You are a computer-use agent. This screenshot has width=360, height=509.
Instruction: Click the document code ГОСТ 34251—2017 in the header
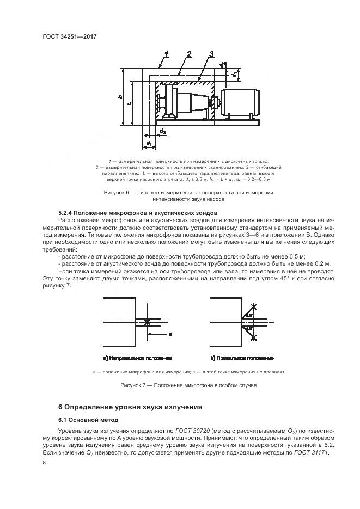(73, 37)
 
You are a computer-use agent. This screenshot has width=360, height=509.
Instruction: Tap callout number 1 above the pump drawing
(167, 53)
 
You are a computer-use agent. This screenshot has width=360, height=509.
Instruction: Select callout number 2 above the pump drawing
(188, 53)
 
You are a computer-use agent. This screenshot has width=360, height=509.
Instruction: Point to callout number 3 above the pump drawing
(210, 53)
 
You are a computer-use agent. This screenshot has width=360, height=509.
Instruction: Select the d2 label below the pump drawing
(162, 131)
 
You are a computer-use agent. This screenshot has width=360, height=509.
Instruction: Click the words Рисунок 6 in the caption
(117, 193)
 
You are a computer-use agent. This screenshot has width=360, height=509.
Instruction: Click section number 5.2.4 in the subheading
(67, 212)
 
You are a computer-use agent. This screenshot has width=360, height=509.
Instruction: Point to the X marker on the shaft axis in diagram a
(148, 322)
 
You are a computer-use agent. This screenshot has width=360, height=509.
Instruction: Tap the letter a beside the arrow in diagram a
(170, 333)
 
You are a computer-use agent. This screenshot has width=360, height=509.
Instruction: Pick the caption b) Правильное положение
(242, 358)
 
